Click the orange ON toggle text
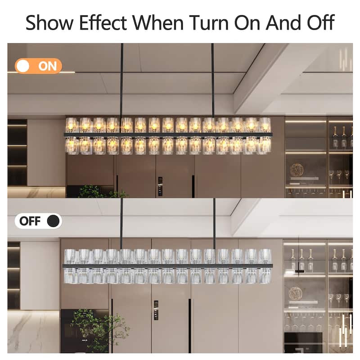(48, 66)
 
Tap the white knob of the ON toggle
(24, 66)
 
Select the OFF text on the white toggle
(30, 221)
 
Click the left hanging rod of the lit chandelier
(121, 81)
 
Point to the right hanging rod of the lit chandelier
(213, 81)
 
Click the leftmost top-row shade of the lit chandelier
(72, 125)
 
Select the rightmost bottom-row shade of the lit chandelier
(265, 145)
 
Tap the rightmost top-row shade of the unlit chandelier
(265, 256)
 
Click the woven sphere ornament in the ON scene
(297, 170)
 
